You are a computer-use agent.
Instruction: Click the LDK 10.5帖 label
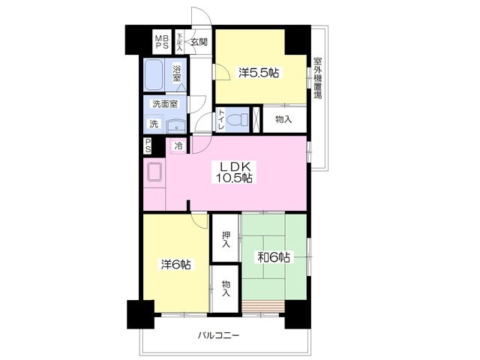[234, 172]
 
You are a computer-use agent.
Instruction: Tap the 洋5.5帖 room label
[259, 73]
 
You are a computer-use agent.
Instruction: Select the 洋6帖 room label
[176, 264]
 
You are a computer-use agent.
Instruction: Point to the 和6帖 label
[273, 257]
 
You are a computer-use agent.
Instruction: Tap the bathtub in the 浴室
[153, 74]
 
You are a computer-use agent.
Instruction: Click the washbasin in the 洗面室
[176, 126]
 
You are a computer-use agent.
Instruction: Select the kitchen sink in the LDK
[154, 172]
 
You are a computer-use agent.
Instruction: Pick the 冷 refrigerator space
[178, 146]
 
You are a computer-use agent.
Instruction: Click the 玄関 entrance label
[199, 42]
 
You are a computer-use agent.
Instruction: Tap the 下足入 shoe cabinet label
[179, 42]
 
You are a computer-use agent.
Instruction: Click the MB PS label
[162, 42]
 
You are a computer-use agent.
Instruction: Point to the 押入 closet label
[226, 239]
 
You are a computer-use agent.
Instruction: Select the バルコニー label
[218, 335]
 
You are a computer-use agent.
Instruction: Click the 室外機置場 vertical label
[318, 78]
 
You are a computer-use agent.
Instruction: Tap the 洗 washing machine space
[154, 124]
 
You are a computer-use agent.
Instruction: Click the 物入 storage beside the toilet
[283, 120]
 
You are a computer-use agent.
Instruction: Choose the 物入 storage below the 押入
[226, 288]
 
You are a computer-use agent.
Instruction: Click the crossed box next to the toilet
[256, 119]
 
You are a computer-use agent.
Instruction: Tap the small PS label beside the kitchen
[148, 146]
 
